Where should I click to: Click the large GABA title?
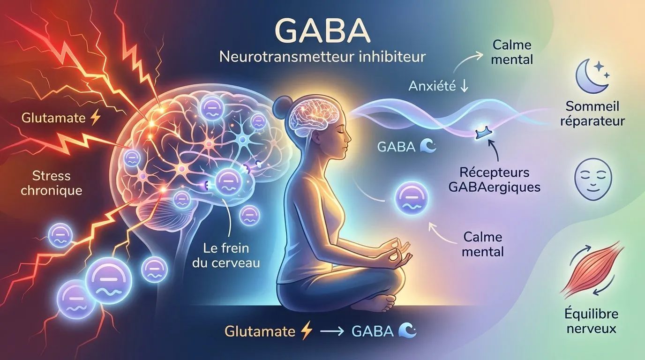click(322, 30)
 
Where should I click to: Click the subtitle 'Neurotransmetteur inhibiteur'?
click(322, 58)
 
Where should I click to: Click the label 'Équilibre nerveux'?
click(592, 321)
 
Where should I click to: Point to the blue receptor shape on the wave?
click(483, 134)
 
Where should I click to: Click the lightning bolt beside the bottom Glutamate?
click(306, 331)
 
